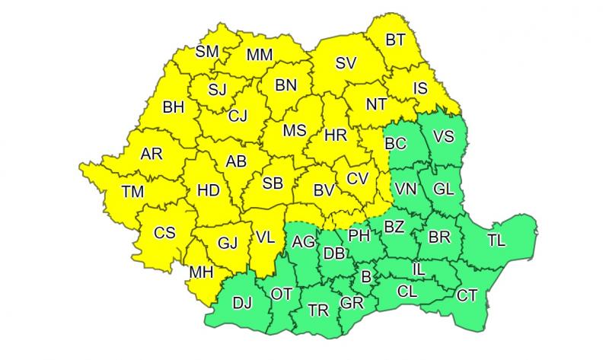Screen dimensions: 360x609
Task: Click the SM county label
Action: pyautogui.click(x=207, y=52)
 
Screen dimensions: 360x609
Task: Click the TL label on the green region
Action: pyautogui.click(x=496, y=241)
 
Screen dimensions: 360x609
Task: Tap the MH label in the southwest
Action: pyautogui.click(x=201, y=272)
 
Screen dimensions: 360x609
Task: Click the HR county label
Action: pyautogui.click(x=335, y=135)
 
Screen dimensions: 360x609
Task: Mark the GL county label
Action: pyautogui.click(x=442, y=188)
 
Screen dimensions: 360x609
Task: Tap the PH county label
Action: pyautogui.click(x=359, y=235)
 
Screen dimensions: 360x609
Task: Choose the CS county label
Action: pyautogui.click(x=164, y=233)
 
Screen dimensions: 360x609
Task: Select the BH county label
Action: pyautogui.click(x=174, y=108)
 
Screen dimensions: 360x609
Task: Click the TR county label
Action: pyautogui.click(x=318, y=309)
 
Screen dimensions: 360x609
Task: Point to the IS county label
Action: pyautogui.click(x=420, y=88)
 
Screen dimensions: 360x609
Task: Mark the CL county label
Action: pyautogui.click(x=407, y=289)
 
